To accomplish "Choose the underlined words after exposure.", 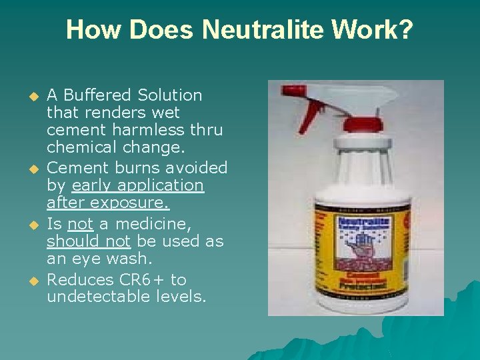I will [x=107, y=203].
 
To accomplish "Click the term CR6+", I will [x=143, y=280].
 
